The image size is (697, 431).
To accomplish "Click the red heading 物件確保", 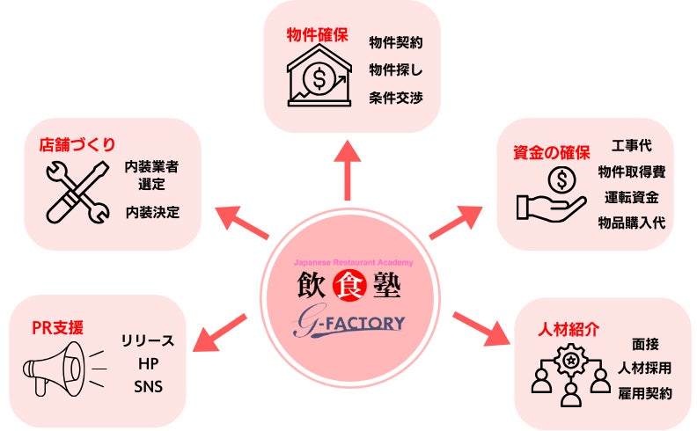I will (318, 37).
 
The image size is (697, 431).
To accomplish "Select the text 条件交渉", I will (395, 97).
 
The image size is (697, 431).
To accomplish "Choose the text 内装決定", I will (151, 212).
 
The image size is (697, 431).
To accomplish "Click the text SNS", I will (148, 385).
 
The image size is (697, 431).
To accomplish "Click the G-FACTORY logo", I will (349, 323).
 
